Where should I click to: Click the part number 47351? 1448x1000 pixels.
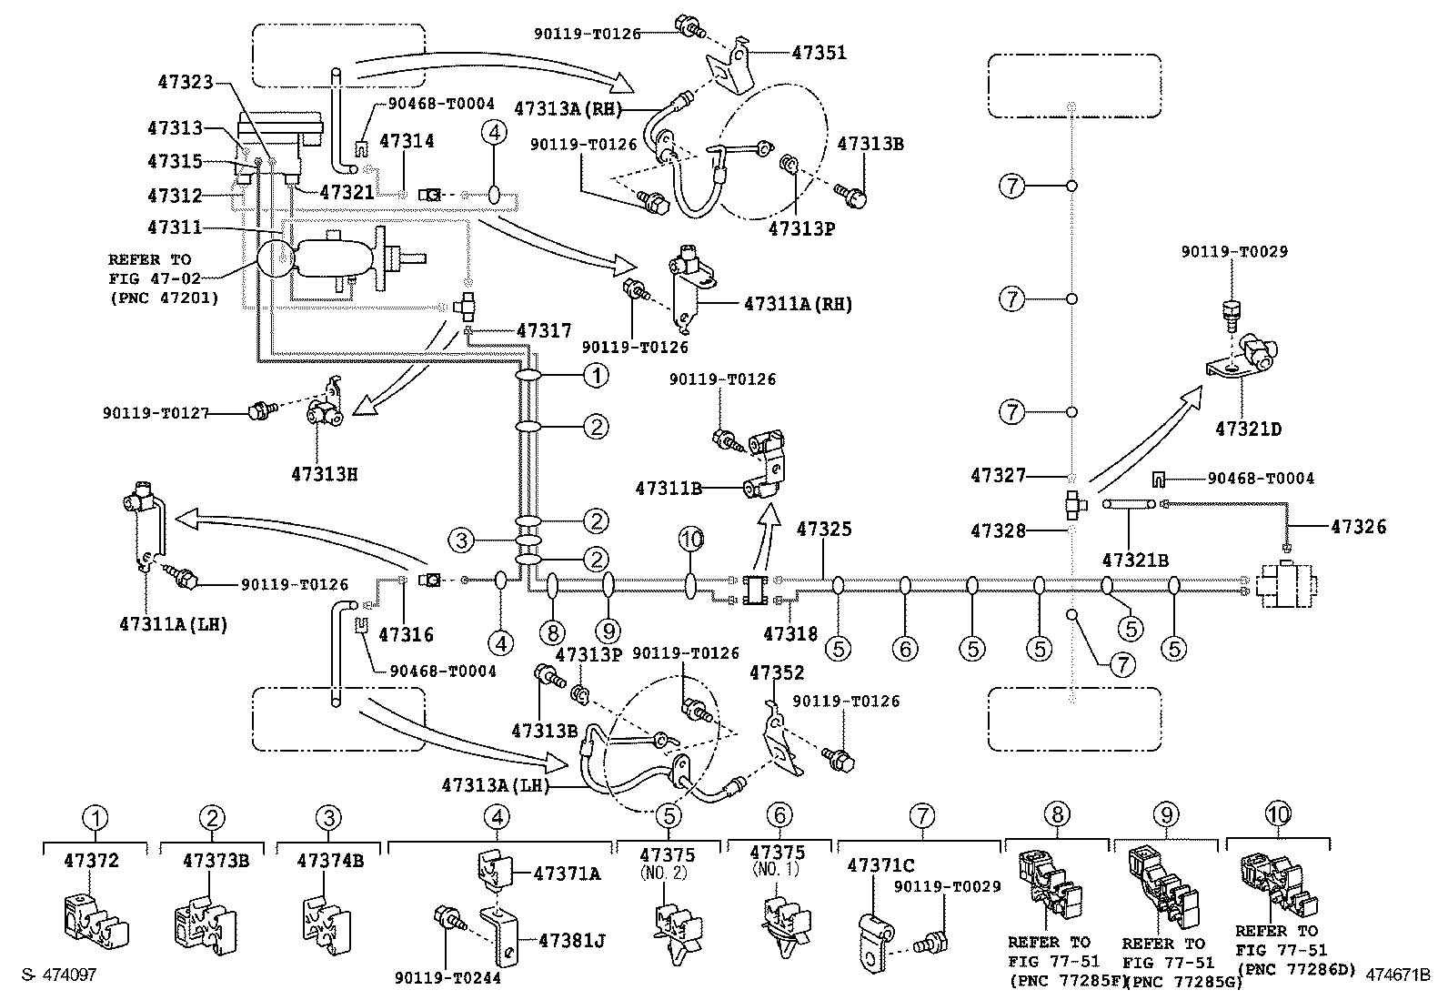point(819,53)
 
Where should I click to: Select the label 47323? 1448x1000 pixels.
point(186,82)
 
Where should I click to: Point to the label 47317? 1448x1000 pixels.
point(544,331)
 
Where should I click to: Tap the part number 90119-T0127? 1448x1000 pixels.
point(156,413)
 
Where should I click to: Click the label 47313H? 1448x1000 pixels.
point(324,474)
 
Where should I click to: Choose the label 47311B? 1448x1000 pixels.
point(669,489)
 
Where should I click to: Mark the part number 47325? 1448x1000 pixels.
point(824,529)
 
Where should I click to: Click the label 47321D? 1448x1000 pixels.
point(1248,429)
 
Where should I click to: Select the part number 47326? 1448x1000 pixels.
point(1358,527)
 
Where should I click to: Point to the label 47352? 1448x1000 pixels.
point(777,672)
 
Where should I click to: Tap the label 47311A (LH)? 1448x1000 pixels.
point(173,624)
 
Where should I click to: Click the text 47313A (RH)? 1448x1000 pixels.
point(568,108)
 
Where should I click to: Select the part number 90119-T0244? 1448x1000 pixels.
point(448,978)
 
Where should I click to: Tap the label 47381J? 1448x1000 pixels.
point(571,941)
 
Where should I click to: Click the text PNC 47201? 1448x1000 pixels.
point(165,298)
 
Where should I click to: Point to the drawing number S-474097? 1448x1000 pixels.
point(59,975)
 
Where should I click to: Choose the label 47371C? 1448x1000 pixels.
point(881,864)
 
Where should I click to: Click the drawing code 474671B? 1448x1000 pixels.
point(1398,975)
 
